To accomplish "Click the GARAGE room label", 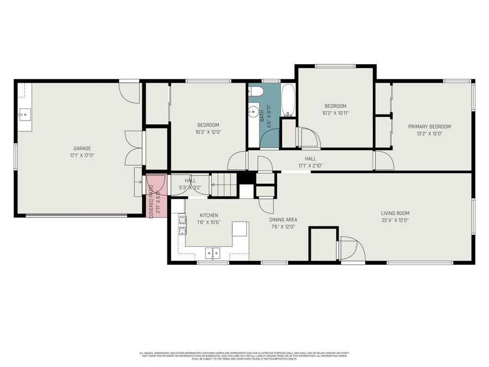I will (82, 148).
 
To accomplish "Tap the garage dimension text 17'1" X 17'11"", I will (82, 155).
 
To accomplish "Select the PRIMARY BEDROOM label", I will (429, 127).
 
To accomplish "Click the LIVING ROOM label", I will (395, 213).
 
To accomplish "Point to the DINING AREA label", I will (283, 220).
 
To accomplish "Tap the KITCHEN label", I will (209, 215).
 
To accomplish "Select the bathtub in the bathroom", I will (288, 100).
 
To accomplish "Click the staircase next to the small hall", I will (224, 184).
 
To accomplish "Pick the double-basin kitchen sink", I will (212, 253).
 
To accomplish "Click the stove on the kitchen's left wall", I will (181, 225).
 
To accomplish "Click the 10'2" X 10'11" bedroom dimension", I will (335, 114).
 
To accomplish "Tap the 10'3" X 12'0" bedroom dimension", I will (208, 132).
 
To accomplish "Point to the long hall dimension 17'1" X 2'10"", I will (310, 166).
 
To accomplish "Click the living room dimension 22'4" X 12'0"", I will (395, 221).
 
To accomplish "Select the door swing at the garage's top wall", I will (129, 92).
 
